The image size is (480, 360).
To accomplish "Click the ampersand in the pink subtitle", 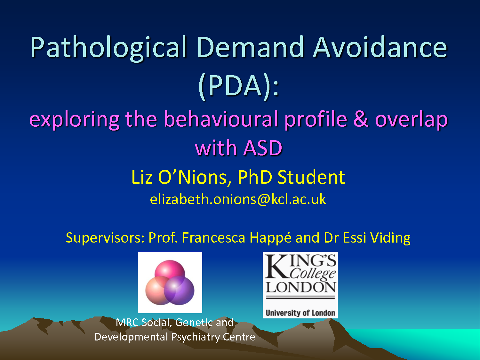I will click(x=361, y=119).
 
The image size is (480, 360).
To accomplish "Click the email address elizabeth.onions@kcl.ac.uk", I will click(x=238, y=199).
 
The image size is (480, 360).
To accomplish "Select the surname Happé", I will click(x=270, y=238).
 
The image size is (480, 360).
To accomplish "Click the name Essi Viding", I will click(x=376, y=238).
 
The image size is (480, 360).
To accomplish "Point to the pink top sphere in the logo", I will click(x=170, y=270).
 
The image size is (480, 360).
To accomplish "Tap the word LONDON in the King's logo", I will click(x=301, y=287).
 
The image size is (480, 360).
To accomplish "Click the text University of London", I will click(x=300, y=313).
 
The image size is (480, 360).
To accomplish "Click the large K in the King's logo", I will click(x=276, y=266).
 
